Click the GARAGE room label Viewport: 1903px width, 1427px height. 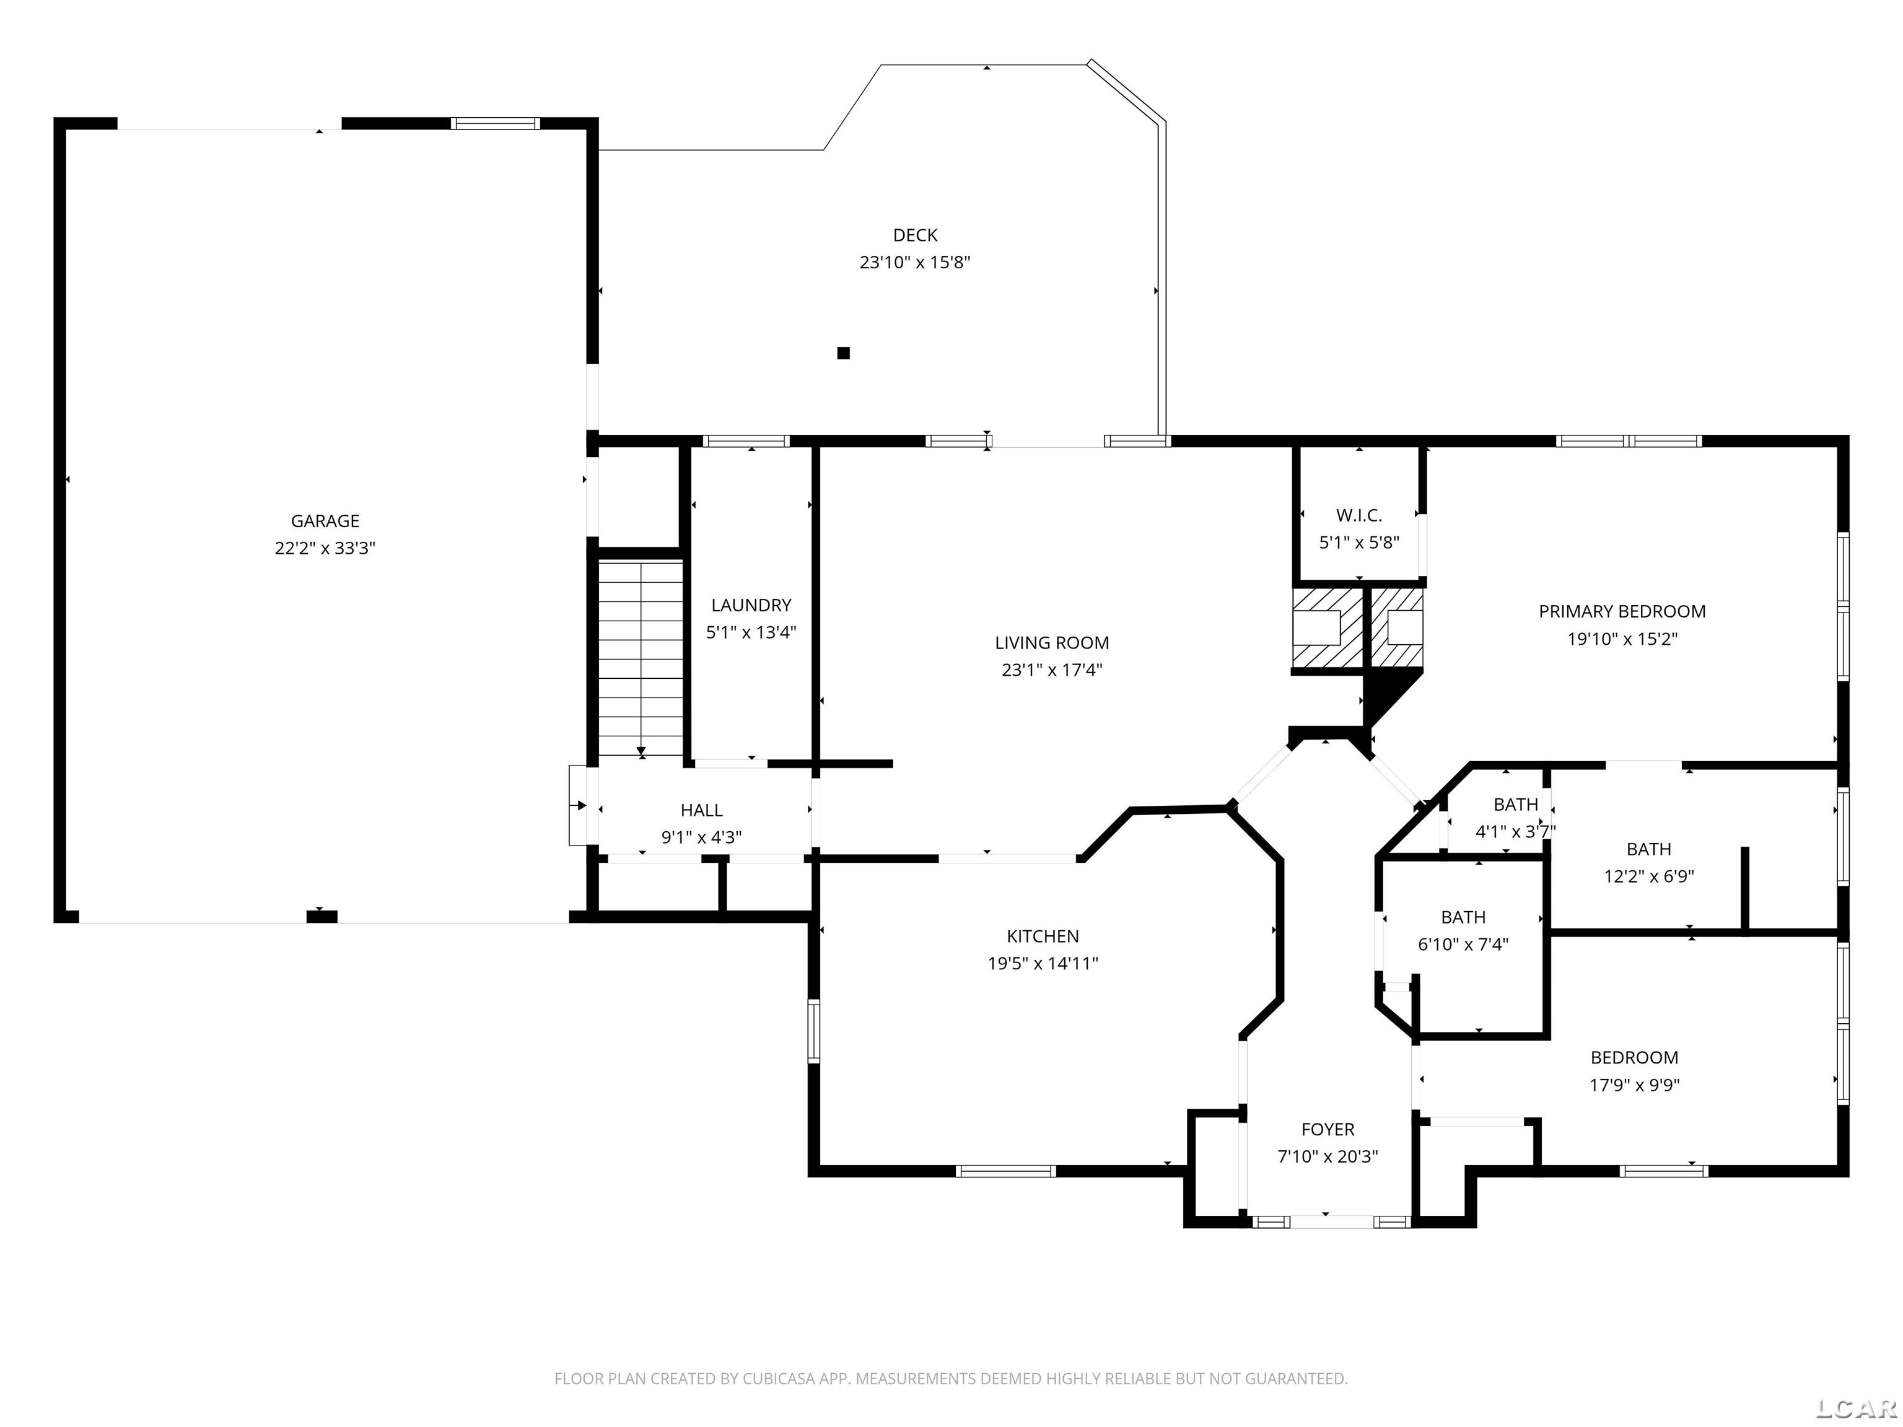325,520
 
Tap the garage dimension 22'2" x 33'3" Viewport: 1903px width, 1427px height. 325,548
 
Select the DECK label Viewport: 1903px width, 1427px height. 914,235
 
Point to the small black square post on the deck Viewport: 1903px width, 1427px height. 843,352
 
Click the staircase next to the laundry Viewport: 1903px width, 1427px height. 640,658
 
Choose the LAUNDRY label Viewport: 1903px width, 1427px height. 750,604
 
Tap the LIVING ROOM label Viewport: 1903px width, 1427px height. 1051,642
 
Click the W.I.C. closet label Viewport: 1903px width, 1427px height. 1358,515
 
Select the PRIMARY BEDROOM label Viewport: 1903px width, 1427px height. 1622,611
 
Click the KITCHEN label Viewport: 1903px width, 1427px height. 1042,936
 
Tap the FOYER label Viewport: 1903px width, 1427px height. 1327,1129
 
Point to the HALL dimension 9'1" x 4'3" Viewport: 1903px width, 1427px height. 701,837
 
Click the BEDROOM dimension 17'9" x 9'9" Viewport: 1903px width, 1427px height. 1634,1084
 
